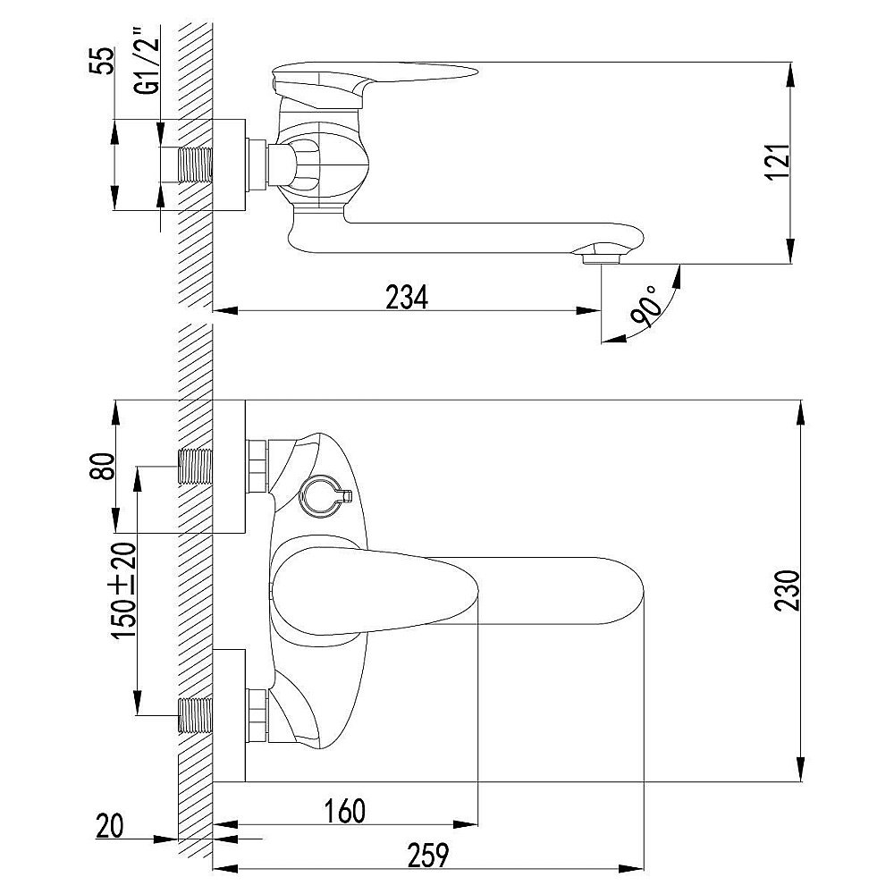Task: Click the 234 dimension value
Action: [x=407, y=297]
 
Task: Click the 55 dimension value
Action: [x=102, y=61]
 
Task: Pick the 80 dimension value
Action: [x=103, y=467]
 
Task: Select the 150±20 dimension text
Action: [x=124, y=590]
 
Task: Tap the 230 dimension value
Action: [x=788, y=590]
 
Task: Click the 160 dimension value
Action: [x=344, y=811]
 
